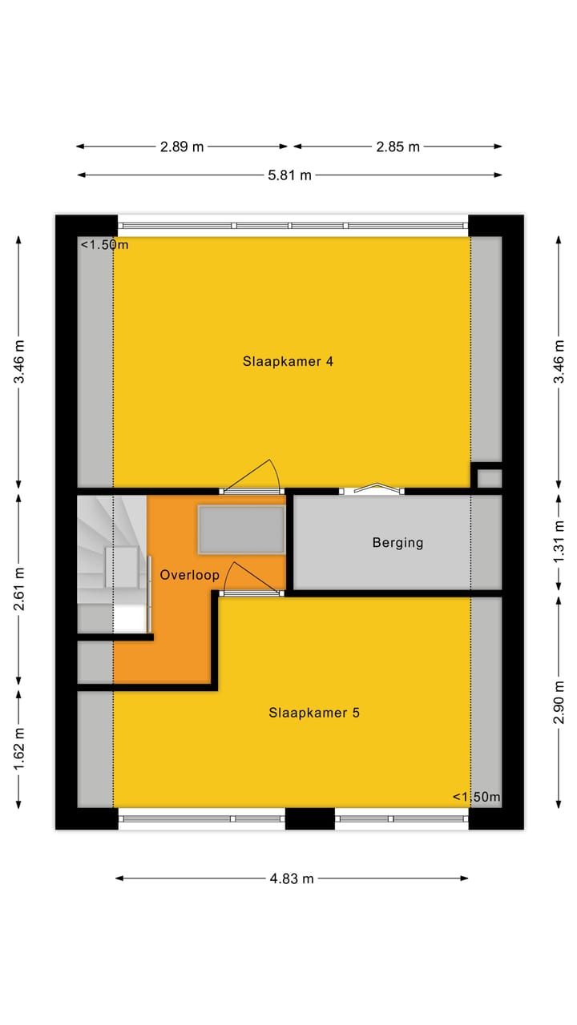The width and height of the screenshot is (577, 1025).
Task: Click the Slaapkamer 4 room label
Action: click(288, 361)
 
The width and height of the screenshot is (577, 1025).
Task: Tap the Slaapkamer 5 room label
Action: click(313, 712)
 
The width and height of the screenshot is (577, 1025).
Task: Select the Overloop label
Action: click(189, 575)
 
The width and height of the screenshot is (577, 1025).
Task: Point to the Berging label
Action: click(397, 543)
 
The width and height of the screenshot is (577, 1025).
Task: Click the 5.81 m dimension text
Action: click(290, 175)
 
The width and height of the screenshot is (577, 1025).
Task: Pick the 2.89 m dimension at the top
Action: click(182, 147)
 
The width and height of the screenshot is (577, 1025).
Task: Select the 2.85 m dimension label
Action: click(397, 147)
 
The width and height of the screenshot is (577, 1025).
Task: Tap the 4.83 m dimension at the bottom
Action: click(293, 878)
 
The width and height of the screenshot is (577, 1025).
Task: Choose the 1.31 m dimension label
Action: click(559, 543)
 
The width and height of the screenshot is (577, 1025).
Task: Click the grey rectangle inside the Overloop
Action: click(241, 530)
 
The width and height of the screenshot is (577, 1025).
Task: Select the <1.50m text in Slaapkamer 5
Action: click(476, 797)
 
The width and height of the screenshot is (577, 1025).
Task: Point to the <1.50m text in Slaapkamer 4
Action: click(104, 245)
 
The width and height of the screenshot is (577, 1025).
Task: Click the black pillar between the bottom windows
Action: click(309, 818)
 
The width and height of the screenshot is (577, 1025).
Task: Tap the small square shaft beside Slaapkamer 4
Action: click(488, 478)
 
